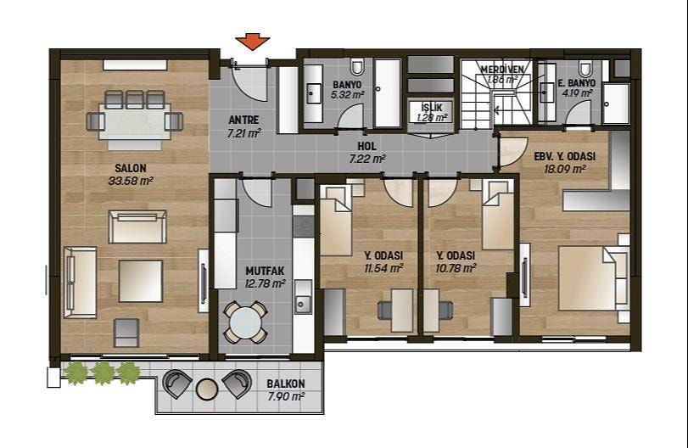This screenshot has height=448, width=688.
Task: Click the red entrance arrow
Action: pos(252,42)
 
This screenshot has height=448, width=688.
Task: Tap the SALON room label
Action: pos(131,168)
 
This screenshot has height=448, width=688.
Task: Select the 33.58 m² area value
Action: pos(131,181)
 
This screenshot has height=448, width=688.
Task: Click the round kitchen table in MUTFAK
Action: pos(246,322)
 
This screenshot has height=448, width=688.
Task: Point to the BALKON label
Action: pos(286,384)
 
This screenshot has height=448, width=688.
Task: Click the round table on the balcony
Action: pos(207,389)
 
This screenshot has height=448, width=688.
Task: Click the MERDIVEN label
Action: pos(502,70)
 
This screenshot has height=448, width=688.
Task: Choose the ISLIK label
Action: pos(432,108)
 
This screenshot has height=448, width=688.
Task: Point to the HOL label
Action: pos(366,147)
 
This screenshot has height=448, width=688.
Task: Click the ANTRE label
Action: pos(244,120)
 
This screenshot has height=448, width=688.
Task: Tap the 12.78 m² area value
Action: pos(265,284)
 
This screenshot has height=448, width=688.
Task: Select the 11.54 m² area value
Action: pos(384,267)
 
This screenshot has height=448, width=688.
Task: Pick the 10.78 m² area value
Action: pos(456,267)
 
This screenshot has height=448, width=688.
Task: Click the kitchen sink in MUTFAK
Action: pos(303,298)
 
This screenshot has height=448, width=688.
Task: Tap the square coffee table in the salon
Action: pos(141,281)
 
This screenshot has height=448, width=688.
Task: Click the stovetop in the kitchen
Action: pos(303,226)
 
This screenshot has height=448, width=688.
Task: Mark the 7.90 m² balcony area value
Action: pos(286,396)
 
